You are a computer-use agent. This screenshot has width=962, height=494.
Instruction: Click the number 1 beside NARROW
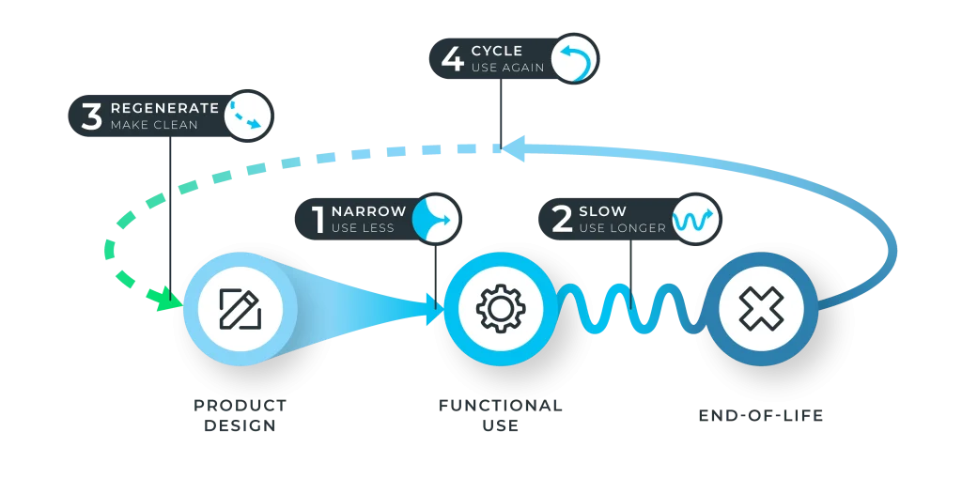(x=317, y=219)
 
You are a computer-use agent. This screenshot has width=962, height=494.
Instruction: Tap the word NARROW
(x=369, y=211)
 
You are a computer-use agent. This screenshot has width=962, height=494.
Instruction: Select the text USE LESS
(x=363, y=228)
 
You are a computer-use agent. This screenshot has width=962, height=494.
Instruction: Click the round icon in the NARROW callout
(x=435, y=218)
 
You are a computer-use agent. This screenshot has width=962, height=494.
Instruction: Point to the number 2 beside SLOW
(x=562, y=219)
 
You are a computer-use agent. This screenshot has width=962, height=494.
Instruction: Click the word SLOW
(x=603, y=211)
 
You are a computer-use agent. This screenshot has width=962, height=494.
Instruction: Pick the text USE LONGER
(x=622, y=228)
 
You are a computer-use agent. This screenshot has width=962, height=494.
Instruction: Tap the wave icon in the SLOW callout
(x=695, y=218)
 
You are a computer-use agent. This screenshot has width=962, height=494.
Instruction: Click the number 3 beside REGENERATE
(x=91, y=116)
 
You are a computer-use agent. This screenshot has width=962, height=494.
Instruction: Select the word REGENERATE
(x=164, y=108)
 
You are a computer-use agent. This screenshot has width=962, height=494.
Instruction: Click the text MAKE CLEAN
(x=154, y=125)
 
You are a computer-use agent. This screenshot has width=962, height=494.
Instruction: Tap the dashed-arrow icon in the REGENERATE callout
(x=248, y=116)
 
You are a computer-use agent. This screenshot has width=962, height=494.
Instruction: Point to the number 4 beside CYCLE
(x=452, y=59)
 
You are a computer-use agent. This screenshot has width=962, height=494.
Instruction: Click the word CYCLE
(x=496, y=51)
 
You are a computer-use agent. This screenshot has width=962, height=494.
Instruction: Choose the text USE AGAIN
(x=507, y=68)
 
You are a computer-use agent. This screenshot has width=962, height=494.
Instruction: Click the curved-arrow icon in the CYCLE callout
(x=574, y=59)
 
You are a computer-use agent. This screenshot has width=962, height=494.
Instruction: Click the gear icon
(x=500, y=307)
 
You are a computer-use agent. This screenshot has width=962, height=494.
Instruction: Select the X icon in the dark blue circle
(x=760, y=307)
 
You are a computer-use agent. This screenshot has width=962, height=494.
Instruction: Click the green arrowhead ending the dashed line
(x=168, y=300)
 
